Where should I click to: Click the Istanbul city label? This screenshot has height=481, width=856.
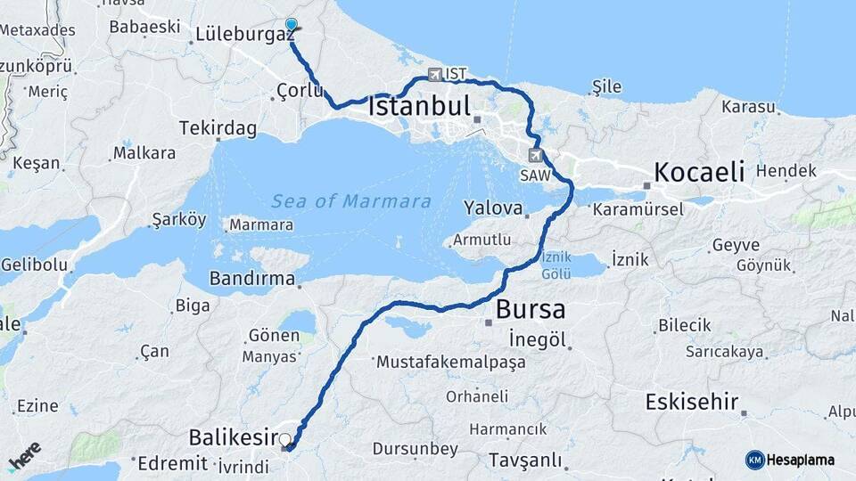pos(419,107)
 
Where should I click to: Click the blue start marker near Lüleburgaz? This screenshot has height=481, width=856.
pos(291,26)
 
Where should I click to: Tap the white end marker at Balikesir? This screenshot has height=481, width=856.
pos(285,439)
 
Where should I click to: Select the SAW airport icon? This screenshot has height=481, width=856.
pos(535,156)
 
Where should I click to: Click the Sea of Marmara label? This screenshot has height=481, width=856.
pos(351,201)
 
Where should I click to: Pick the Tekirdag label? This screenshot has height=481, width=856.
pos(218,128)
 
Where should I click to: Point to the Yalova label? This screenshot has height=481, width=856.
pos(492,208)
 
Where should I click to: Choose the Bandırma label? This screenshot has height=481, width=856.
pos(252,279)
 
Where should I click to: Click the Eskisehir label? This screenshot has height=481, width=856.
pos(691,402)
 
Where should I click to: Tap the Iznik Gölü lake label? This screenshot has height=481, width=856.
pos(556,266)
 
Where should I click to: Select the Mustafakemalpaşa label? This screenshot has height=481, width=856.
pos(450,363)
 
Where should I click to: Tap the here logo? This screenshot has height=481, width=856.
pos(24,456)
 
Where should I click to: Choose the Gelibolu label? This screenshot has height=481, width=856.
pos(35,264)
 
